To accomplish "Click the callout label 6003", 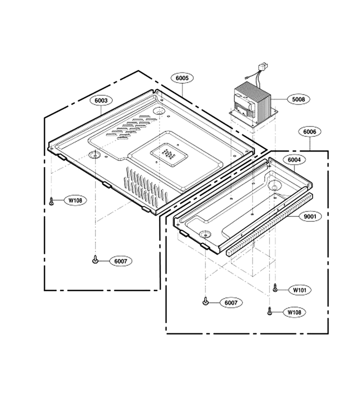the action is [101, 100].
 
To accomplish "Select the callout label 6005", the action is [182, 78].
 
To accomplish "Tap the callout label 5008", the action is [298, 99].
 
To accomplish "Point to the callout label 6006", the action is [310, 132].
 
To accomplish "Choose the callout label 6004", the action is [294, 160].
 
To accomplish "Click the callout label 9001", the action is [310, 216].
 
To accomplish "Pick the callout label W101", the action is [300, 290].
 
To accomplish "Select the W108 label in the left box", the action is [75, 200].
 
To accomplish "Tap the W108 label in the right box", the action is [294, 312].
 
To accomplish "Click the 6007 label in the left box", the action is [121, 261].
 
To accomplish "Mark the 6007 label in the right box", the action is [230, 302].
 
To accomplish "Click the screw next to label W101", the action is [275, 288].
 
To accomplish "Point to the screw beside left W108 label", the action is [51, 201].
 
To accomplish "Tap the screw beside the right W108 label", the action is [270, 310].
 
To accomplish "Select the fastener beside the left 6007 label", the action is [95, 260].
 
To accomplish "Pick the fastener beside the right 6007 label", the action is [205, 301].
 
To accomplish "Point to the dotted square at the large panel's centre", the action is [169, 154].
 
